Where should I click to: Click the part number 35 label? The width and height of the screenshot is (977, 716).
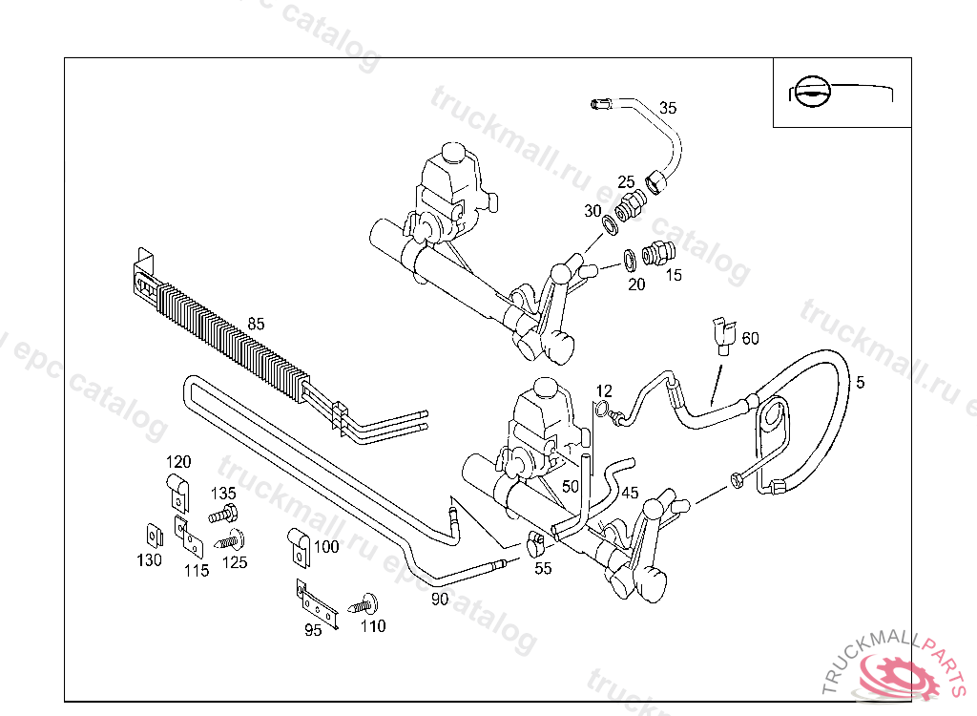pos(668,109)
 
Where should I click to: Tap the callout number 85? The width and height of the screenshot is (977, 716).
pos(256,324)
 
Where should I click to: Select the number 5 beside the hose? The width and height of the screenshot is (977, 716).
pos(860,383)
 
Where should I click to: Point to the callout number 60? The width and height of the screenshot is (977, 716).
pos(751,339)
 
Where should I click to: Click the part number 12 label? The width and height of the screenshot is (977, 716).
pos(604,391)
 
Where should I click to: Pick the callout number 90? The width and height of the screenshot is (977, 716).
pos(440,600)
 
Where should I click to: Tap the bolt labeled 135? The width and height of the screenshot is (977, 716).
pos(221,515)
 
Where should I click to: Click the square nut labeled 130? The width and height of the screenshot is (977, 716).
pos(151,537)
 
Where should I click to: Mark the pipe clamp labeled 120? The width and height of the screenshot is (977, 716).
pos(177,490)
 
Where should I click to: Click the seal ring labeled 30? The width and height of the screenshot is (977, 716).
pos(609,227)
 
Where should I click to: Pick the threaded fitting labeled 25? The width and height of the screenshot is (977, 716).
pos(630,204)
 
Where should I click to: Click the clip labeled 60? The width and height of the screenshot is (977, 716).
pos(722,334)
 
